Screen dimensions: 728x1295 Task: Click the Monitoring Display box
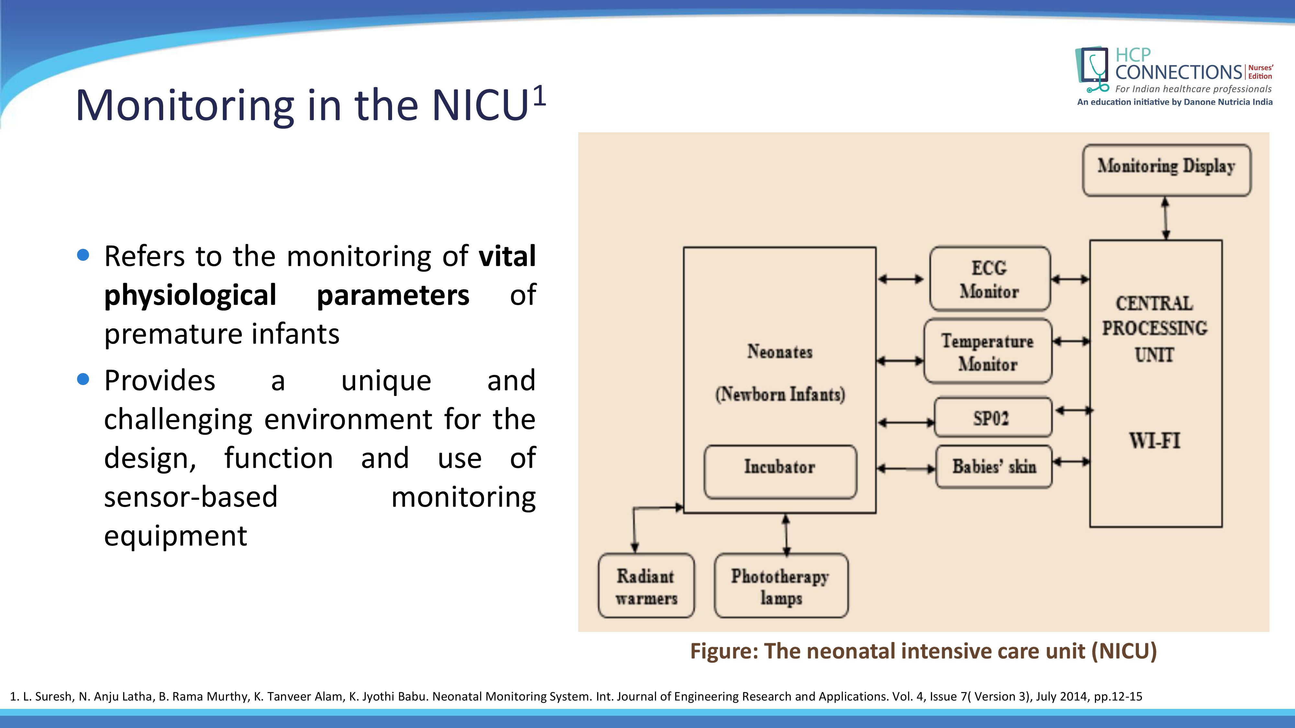tap(1166, 170)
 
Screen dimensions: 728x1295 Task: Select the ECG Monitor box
tap(989, 279)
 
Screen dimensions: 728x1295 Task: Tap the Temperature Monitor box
tap(987, 352)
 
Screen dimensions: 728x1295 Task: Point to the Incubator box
tap(780, 471)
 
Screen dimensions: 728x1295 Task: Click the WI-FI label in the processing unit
tap(1154, 441)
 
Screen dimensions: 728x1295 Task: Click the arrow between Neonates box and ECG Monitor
tap(901, 279)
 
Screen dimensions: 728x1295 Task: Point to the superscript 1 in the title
tap(539, 95)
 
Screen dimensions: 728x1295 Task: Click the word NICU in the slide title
tap(480, 105)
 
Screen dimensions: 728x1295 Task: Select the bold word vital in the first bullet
tap(507, 256)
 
